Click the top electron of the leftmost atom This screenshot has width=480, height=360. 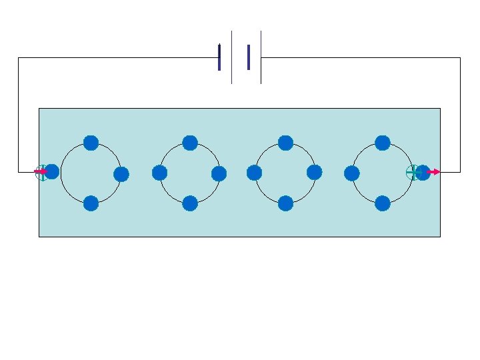pos(91,143)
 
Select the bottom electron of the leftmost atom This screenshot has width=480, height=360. pos(91,203)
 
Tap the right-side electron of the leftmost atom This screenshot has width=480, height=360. pos(121,175)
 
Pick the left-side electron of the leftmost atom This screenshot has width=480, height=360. pos(52,172)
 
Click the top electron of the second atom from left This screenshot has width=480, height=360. pos(190,143)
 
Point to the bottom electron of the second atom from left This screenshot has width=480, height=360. pos(190,203)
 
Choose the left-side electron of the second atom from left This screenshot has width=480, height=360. pos(159,173)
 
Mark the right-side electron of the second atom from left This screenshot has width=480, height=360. pos(219,174)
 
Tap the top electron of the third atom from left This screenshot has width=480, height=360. pos(285,143)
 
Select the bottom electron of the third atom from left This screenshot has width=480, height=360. pos(285,203)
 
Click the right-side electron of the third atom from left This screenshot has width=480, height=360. pos(315,173)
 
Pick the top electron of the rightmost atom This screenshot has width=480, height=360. pos(383,143)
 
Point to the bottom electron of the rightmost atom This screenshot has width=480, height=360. pos(383,203)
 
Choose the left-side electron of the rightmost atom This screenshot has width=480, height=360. pos(352,174)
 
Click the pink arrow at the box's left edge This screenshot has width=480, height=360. pos(40,171)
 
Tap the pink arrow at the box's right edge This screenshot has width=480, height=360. pos(433,172)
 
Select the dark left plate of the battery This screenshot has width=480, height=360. pos(219,57)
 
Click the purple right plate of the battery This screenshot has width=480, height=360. pos(248,57)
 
